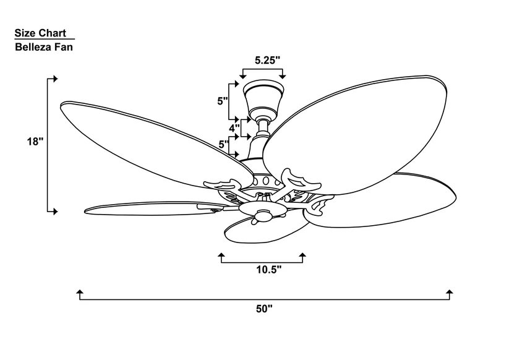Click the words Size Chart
pos(40,33)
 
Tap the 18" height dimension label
pos(35,142)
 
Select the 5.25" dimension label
pos(267,60)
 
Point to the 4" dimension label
pos(234,128)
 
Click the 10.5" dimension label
pos(268,269)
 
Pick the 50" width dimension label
pos(264,309)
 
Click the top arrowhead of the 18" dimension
pos(55,79)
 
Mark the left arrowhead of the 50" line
pos(80,291)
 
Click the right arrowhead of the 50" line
pos(450,291)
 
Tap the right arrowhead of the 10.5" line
pos(302,254)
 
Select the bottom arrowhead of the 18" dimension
pos(55,212)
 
